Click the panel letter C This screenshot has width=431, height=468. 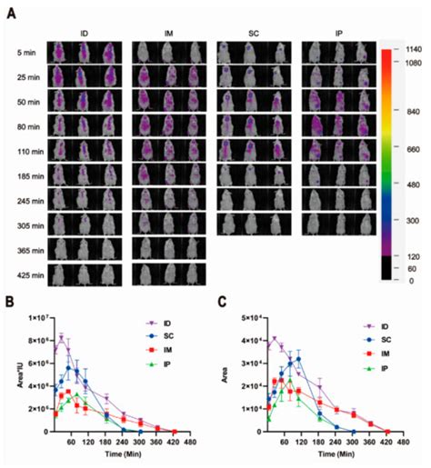[x=223, y=295]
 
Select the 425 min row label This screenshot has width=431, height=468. [x=25, y=269]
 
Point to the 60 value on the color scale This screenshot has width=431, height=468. [x=406, y=270]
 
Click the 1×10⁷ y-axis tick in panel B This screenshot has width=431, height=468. [x=35, y=316]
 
